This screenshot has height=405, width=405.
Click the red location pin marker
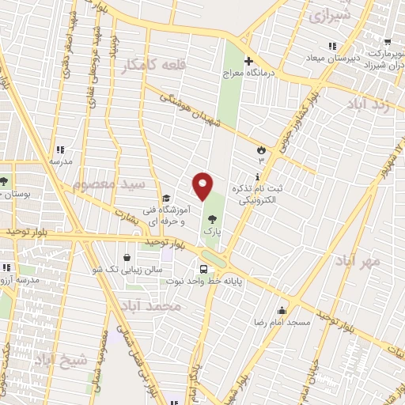coord(203,186)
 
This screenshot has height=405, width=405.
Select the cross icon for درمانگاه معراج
coord(248,62)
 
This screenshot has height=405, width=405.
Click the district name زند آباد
coord(369,104)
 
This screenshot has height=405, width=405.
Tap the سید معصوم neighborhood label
coord(110,184)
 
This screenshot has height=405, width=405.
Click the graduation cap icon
coord(165,199)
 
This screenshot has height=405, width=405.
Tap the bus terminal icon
coord(204,267)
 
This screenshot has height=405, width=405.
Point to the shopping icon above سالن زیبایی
coord(127,258)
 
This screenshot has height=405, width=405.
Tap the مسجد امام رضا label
coord(282,323)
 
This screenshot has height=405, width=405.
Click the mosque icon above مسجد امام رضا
coord(282,309)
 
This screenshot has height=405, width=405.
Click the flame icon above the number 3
coord(262,148)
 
